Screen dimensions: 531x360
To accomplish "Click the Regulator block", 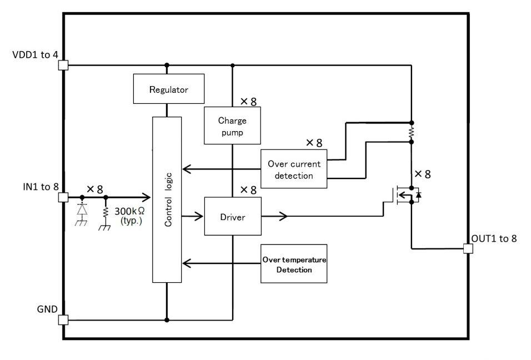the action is point(169,89).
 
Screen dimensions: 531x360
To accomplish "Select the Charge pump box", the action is point(232,126).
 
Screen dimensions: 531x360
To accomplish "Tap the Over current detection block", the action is point(294,169).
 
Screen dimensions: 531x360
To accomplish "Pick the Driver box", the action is point(233,216).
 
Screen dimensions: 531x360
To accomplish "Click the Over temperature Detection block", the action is point(294,263).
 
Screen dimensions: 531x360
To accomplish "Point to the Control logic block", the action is point(167,199).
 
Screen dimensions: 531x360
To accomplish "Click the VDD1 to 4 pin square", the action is point(63,65).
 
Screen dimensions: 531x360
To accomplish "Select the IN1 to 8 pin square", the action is point(63,197).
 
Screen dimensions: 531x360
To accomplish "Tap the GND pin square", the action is point(63,319).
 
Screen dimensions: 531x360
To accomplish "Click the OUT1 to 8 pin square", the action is point(468,248).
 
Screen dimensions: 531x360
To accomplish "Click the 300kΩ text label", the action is point(130,211).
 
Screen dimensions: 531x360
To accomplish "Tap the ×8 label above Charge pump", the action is point(249,101).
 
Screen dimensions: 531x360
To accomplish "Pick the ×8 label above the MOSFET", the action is point(423,174).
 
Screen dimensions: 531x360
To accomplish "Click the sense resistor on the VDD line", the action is point(412,132).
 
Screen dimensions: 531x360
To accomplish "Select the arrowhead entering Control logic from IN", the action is point(146,197).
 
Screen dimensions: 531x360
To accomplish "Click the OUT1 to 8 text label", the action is point(494,238).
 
